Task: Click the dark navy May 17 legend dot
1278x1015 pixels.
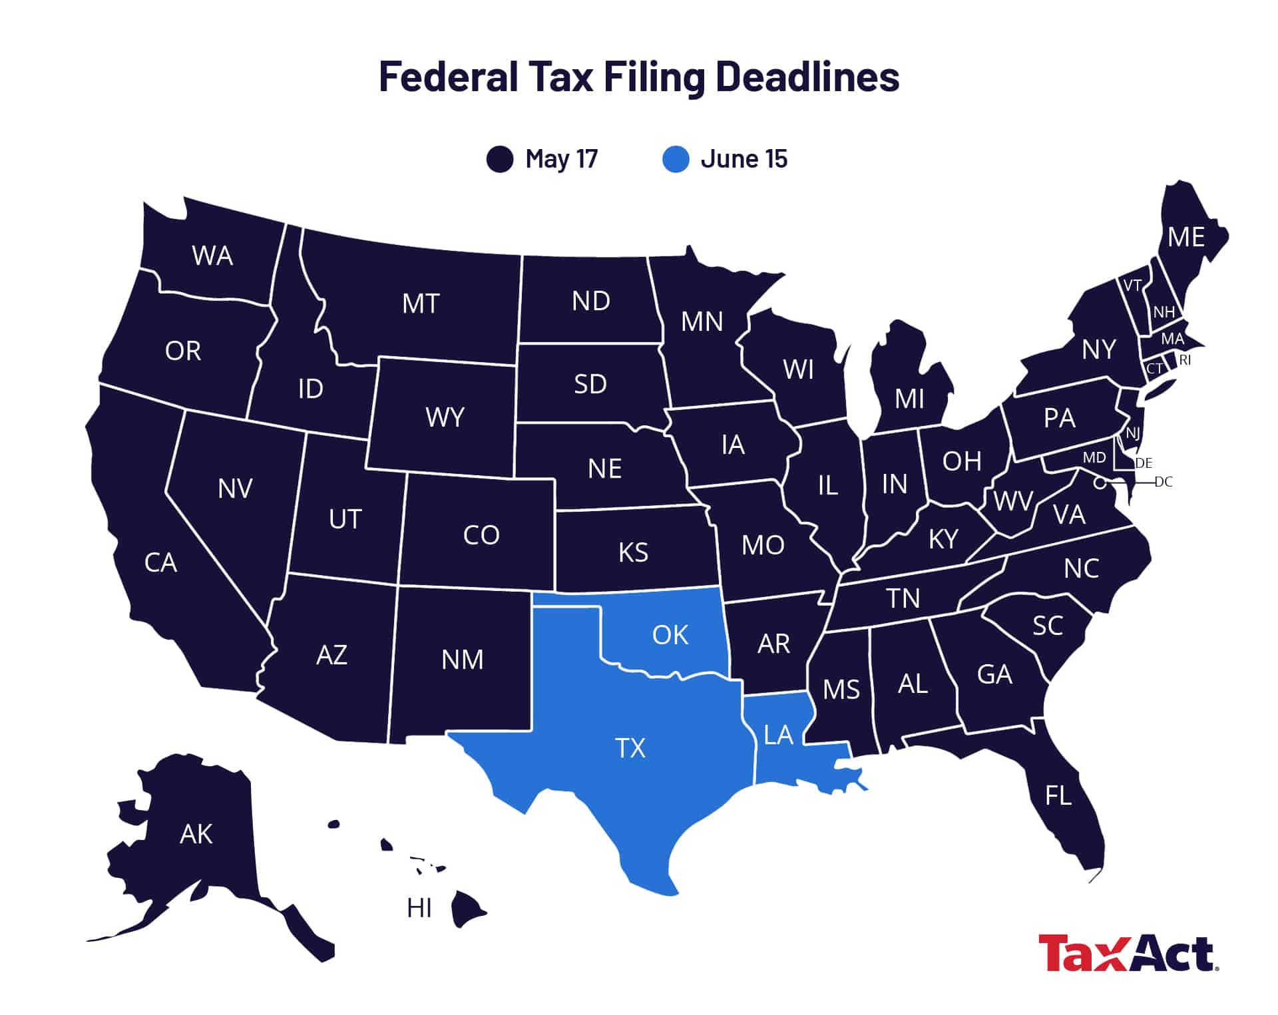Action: tap(499, 159)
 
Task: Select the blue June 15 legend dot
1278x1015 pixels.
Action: tap(675, 159)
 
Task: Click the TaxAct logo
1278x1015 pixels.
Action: tap(1128, 953)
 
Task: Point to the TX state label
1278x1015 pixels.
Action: tap(630, 748)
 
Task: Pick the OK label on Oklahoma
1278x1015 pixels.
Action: tap(670, 635)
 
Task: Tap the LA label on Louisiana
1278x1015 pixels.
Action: tap(777, 735)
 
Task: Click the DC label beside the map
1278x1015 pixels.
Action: tap(1163, 482)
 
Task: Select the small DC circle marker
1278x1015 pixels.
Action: tap(1100, 482)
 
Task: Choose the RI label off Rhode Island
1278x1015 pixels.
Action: tap(1185, 360)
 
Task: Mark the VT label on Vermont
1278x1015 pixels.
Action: tap(1132, 286)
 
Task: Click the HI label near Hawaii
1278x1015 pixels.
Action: tap(419, 908)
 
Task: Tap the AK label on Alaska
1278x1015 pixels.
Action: tap(196, 834)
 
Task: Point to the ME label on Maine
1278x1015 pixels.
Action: tap(1186, 238)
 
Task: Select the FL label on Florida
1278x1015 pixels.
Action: tap(1058, 795)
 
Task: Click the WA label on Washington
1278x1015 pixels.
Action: tap(212, 256)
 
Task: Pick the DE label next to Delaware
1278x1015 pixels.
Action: tap(1144, 463)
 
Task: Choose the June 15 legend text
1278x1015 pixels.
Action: tap(744, 159)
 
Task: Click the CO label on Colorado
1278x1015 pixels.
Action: tap(481, 535)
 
